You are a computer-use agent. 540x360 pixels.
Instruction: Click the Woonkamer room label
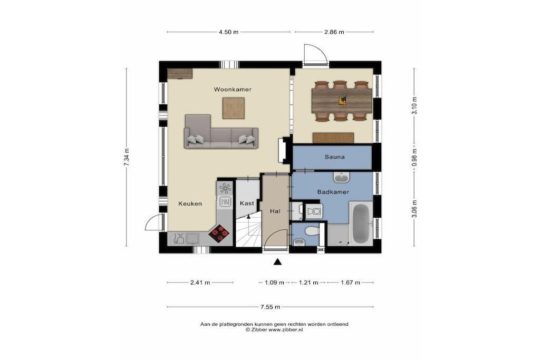(233, 90)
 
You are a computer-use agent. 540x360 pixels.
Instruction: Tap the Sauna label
(334, 157)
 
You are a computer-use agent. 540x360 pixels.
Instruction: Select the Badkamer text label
(333, 192)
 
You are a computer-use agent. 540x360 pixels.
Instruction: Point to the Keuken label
(190, 204)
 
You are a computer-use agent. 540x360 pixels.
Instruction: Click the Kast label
(247, 203)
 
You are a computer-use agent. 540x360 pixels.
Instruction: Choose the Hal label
(275, 211)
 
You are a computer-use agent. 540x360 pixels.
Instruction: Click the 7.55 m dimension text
(271, 307)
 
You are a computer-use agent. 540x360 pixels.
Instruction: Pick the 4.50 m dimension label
(228, 32)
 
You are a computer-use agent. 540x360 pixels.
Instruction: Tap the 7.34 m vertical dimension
(127, 157)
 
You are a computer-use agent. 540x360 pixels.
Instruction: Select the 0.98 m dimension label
(414, 157)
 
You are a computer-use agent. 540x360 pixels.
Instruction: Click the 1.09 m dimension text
(274, 283)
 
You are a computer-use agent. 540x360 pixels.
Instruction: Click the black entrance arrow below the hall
(277, 262)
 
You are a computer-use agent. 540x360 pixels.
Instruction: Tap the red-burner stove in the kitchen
(219, 233)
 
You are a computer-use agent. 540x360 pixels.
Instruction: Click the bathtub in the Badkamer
(361, 223)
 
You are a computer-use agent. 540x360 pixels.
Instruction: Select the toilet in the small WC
(312, 230)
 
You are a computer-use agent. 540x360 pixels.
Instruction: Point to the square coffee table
(234, 108)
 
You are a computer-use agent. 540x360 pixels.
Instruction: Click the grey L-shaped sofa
(220, 136)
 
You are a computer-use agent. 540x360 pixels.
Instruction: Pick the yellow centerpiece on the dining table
(342, 101)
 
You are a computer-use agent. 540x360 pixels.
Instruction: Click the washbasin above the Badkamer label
(342, 178)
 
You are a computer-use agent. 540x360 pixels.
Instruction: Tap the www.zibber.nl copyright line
(274, 330)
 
